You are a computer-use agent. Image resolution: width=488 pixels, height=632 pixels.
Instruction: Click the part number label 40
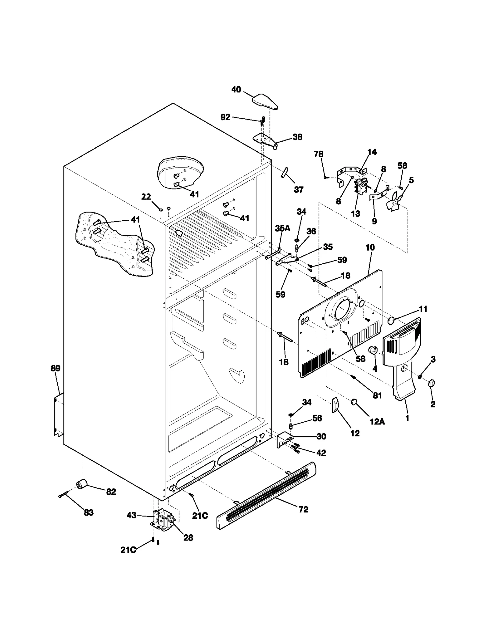click(x=236, y=90)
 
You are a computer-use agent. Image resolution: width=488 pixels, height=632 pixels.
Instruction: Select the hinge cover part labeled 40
click(x=265, y=102)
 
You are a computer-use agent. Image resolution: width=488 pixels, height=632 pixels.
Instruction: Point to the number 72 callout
click(x=303, y=509)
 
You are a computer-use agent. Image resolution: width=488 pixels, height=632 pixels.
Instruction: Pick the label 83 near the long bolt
click(x=88, y=512)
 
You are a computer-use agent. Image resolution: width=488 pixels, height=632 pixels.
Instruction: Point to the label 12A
click(x=377, y=421)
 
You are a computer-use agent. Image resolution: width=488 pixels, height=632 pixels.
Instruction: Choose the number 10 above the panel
click(x=370, y=247)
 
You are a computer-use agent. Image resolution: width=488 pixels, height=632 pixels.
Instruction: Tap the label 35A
click(x=282, y=228)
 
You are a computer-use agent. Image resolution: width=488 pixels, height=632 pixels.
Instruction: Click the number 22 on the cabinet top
click(x=146, y=197)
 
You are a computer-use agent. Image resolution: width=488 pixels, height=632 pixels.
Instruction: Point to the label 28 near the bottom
click(x=188, y=538)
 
